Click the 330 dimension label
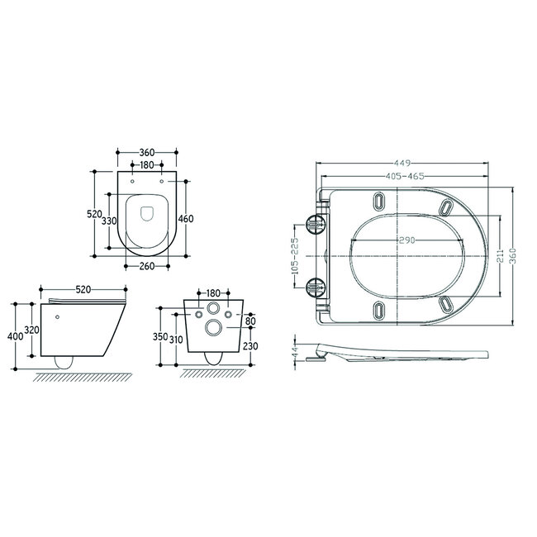109,221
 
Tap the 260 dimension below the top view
146,266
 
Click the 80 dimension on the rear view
250,319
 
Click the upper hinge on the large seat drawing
316,224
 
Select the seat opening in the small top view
147,213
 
